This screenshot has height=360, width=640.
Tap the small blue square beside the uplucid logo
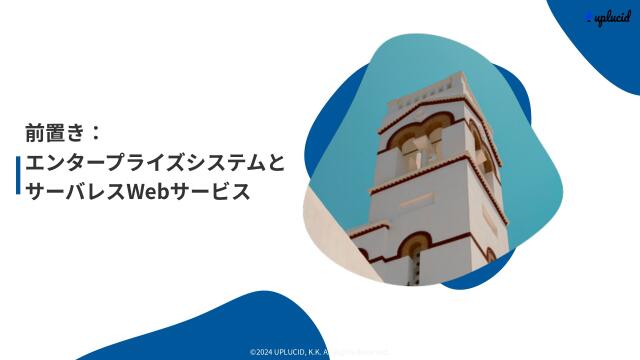[x=590, y=18]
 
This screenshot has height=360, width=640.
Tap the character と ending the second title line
[x=276, y=161]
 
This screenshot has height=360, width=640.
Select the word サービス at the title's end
[x=211, y=190]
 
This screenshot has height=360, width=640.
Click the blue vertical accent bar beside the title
[x=18, y=175]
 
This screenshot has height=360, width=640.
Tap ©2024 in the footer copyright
[x=262, y=351]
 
